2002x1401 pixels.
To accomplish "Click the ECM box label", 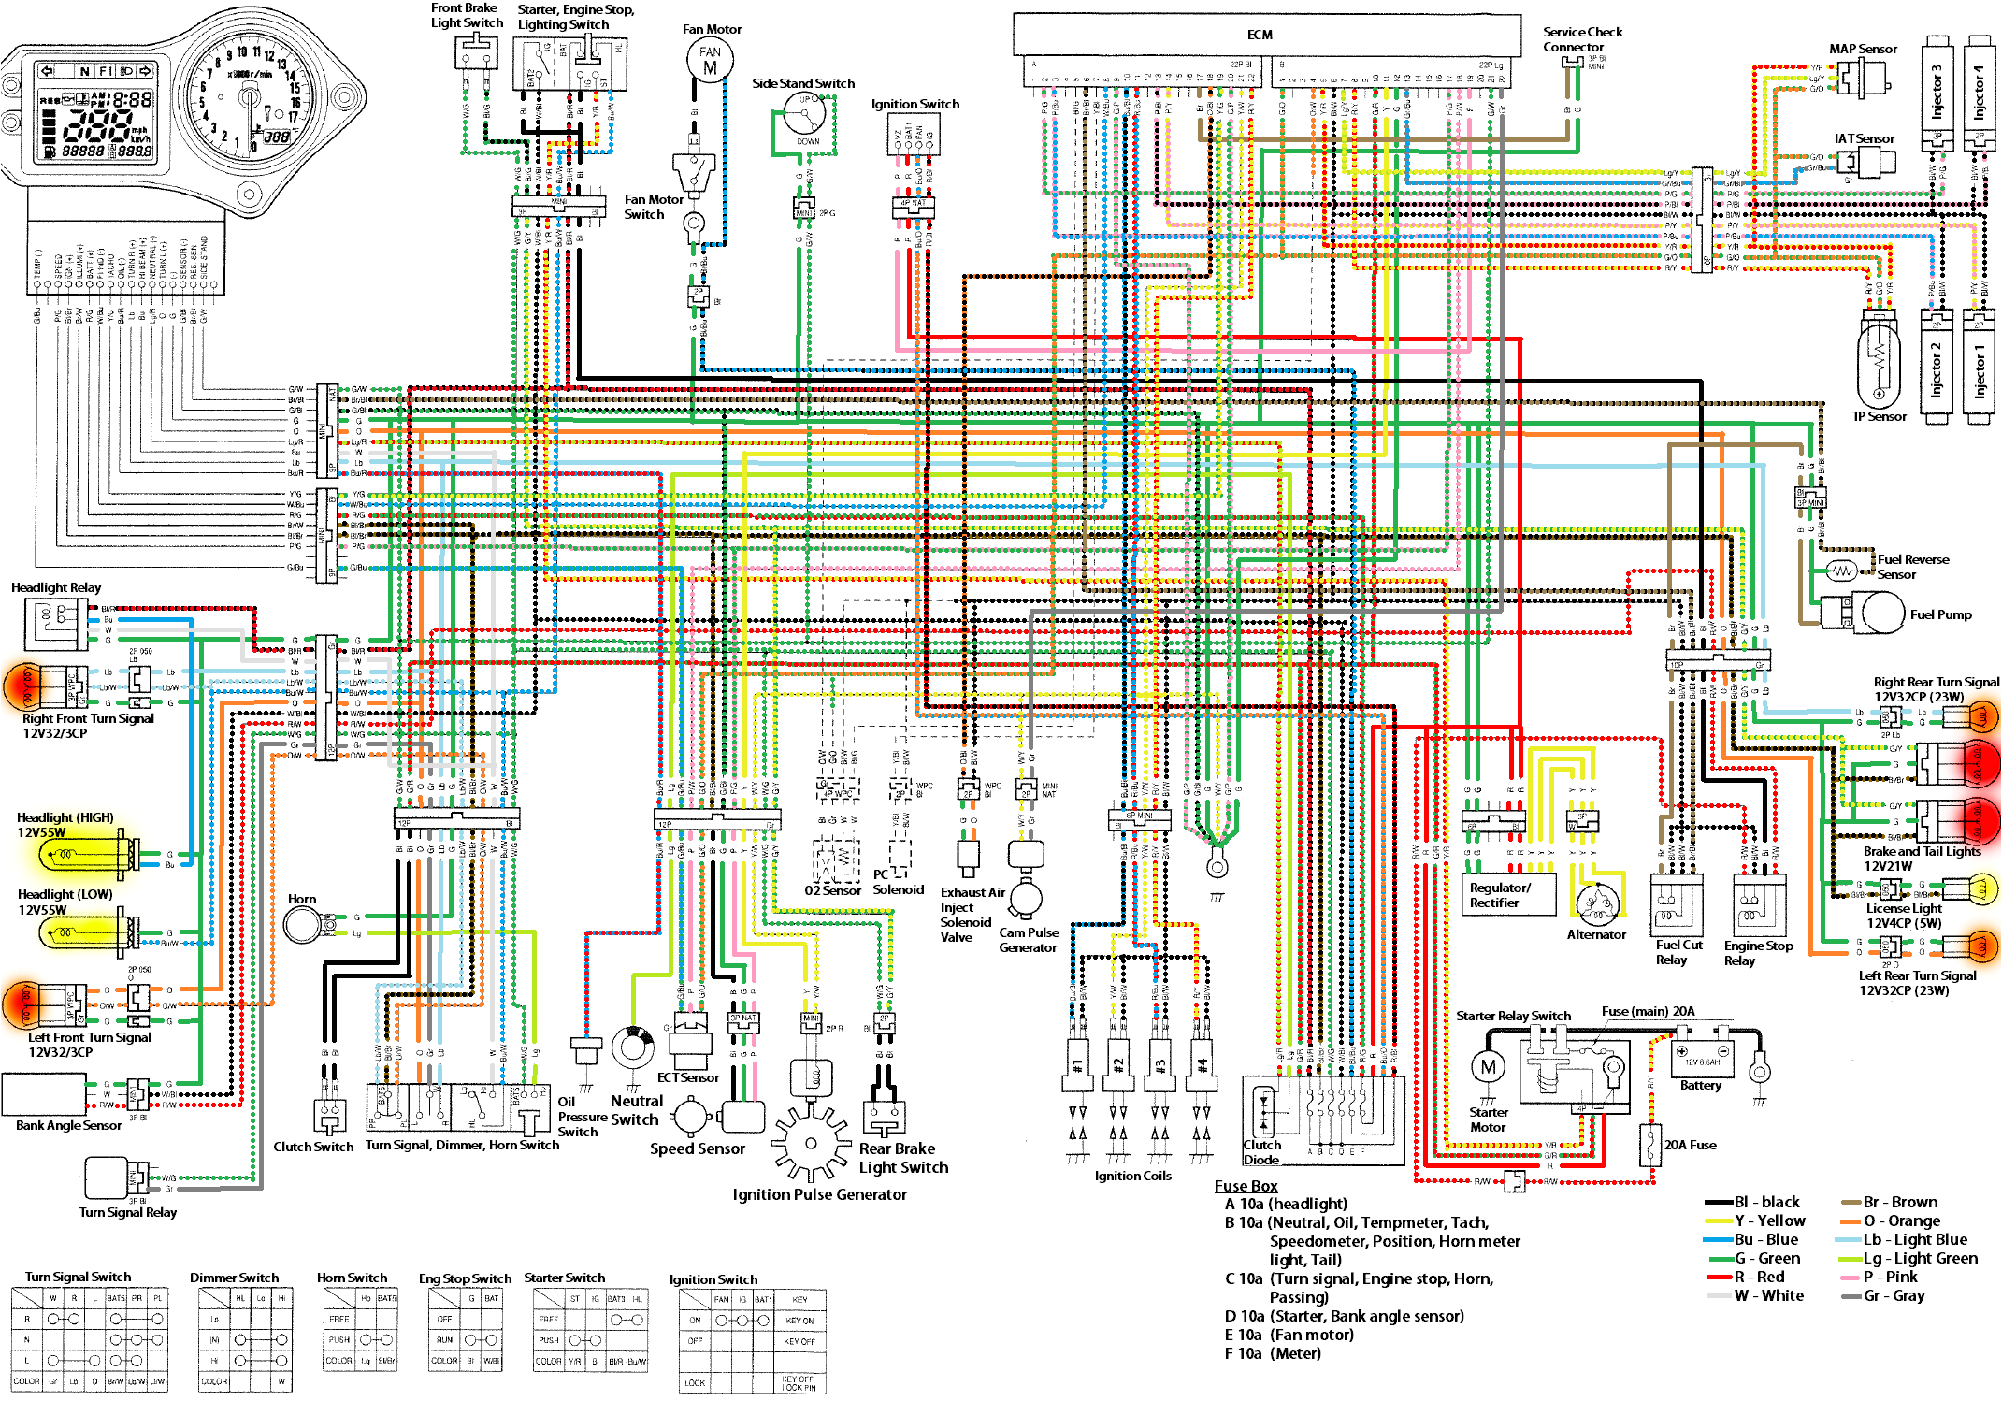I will [1259, 35].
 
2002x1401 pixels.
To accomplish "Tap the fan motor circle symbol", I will [710, 61].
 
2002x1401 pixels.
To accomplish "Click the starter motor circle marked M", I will [1488, 1067].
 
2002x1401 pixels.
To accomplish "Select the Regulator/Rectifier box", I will [1507, 895].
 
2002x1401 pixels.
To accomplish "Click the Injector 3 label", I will [1937, 91].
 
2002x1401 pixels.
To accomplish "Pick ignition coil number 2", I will [1118, 1065].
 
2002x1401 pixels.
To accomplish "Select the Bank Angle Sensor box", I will [44, 1094].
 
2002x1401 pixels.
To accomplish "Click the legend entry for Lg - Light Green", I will [1920, 1258].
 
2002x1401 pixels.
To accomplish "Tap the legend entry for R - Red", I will [1758, 1277].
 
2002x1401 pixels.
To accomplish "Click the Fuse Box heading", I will [1246, 1186].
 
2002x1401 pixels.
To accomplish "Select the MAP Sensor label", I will [1863, 49].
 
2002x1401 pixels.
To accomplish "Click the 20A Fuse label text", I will [1690, 1145].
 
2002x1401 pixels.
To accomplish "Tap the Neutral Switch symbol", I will [633, 1047].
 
